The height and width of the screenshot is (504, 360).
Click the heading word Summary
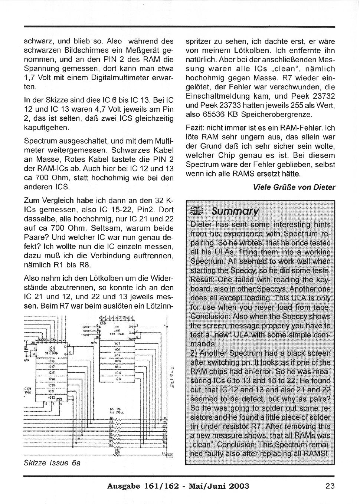point(235,211)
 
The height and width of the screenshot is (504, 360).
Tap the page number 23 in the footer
point(330,486)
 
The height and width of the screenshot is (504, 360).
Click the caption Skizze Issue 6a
point(52,463)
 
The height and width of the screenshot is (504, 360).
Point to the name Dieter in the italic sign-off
point(324,187)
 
